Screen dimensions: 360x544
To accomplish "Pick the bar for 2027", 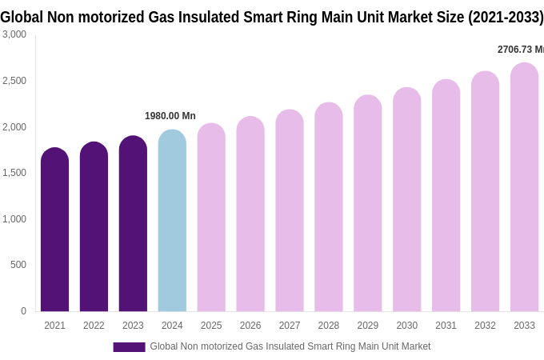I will (x=290, y=211).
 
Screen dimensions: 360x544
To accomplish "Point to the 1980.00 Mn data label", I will (x=170, y=116).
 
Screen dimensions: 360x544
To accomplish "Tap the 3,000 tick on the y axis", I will (x=14, y=34).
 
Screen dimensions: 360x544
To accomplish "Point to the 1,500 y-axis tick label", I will (x=14, y=173).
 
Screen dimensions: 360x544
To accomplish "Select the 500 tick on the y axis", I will (x=18, y=265).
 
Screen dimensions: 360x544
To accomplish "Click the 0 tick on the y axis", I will (x=23, y=311).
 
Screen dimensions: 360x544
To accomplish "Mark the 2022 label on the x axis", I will (x=94, y=326).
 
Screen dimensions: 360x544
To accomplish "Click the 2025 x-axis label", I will (x=211, y=326).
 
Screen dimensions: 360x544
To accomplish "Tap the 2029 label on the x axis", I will (x=367, y=326).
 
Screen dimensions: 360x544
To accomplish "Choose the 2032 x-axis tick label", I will (x=485, y=326).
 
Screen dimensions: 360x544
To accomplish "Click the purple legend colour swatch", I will (x=129, y=347).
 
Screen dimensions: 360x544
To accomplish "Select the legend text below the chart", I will (x=290, y=346).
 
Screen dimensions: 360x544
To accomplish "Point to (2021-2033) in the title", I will (x=506, y=17).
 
